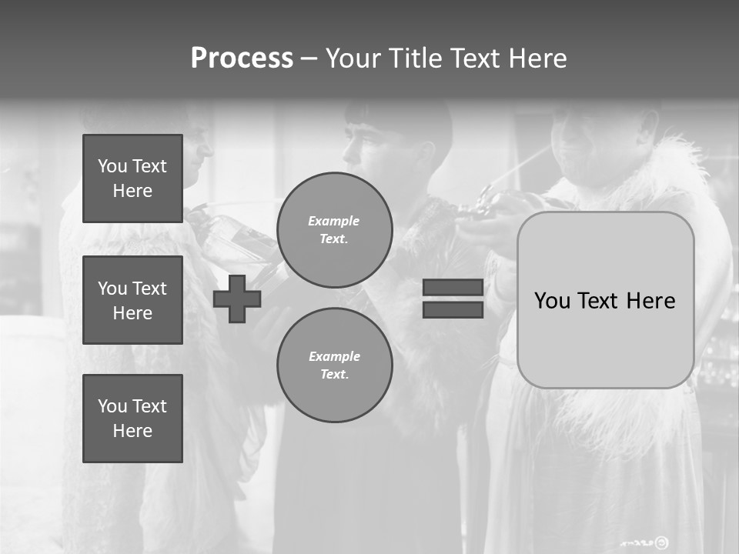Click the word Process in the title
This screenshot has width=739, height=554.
pyautogui.click(x=242, y=58)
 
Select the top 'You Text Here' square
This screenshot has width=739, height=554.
pyautogui.click(x=132, y=179)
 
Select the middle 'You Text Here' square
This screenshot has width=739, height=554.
pyautogui.click(x=132, y=300)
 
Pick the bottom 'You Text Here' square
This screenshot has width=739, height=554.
pyautogui.click(x=132, y=419)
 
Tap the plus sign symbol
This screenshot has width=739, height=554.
pyautogui.click(x=237, y=299)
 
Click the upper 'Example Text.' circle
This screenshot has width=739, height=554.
pyautogui.click(x=335, y=230)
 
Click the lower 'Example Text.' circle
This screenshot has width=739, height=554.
pyautogui.click(x=335, y=365)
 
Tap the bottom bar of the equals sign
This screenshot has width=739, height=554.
pyautogui.click(x=453, y=310)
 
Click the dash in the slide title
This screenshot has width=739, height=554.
pyautogui.click(x=309, y=59)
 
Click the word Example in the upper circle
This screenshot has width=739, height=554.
pyautogui.click(x=333, y=221)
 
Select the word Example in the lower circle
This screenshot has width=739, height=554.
pyautogui.click(x=334, y=356)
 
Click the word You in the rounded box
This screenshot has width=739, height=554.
pyautogui.click(x=551, y=301)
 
